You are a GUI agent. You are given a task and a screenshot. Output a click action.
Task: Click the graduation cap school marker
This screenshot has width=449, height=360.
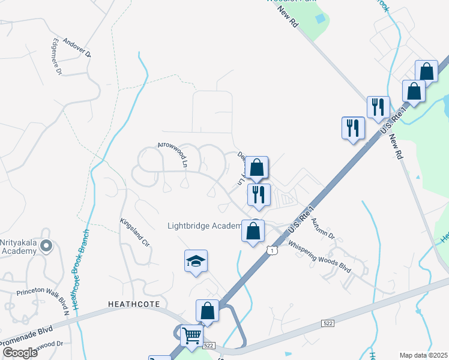tap(196, 262)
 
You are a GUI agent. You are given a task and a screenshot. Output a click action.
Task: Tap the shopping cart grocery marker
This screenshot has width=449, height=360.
tap(191, 336)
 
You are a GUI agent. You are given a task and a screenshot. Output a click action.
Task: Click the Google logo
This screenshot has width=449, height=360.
tap(20, 352)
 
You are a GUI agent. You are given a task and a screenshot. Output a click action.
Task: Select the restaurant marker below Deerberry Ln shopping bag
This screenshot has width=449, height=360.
tap(259, 195)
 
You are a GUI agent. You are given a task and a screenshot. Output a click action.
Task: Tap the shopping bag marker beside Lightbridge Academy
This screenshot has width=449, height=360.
tap(253, 230)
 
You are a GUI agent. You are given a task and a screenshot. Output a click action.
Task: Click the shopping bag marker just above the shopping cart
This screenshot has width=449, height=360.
tap(207, 311)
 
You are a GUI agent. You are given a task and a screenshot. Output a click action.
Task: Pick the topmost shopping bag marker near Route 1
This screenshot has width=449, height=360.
tap(426, 71)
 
